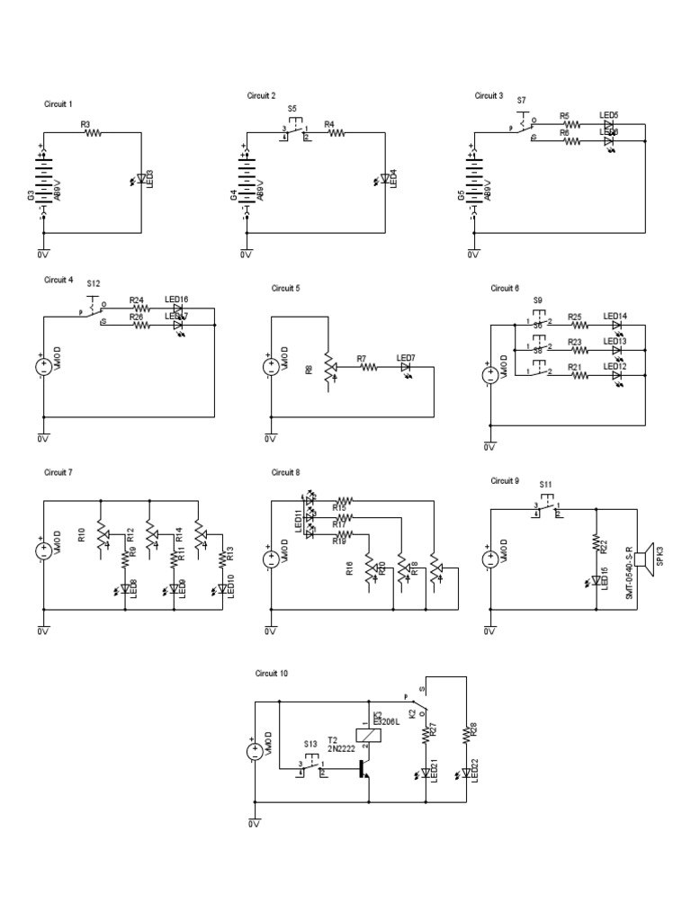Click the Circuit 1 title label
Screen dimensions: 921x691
[x=58, y=104]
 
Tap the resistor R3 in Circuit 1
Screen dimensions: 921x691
[x=93, y=132]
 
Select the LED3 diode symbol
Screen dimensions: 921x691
[x=139, y=180]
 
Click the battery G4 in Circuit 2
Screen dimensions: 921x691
[x=246, y=179]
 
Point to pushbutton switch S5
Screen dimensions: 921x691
[x=295, y=131]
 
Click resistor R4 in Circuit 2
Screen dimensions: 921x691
[x=336, y=132]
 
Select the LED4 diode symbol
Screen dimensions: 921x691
[x=384, y=180]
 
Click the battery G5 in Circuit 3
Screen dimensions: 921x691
[x=471, y=179]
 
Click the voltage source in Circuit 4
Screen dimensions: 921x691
[x=43, y=367]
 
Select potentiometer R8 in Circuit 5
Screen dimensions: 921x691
[x=328, y=367]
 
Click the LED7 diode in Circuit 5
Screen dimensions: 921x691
[x=406, y=367]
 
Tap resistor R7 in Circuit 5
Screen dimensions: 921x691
[x=368, y=367]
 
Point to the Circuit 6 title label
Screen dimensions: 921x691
[x=505, y=289]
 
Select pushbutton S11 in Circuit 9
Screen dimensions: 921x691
[x=546, y=508]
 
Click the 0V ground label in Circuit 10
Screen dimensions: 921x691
[x=253, y=823]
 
